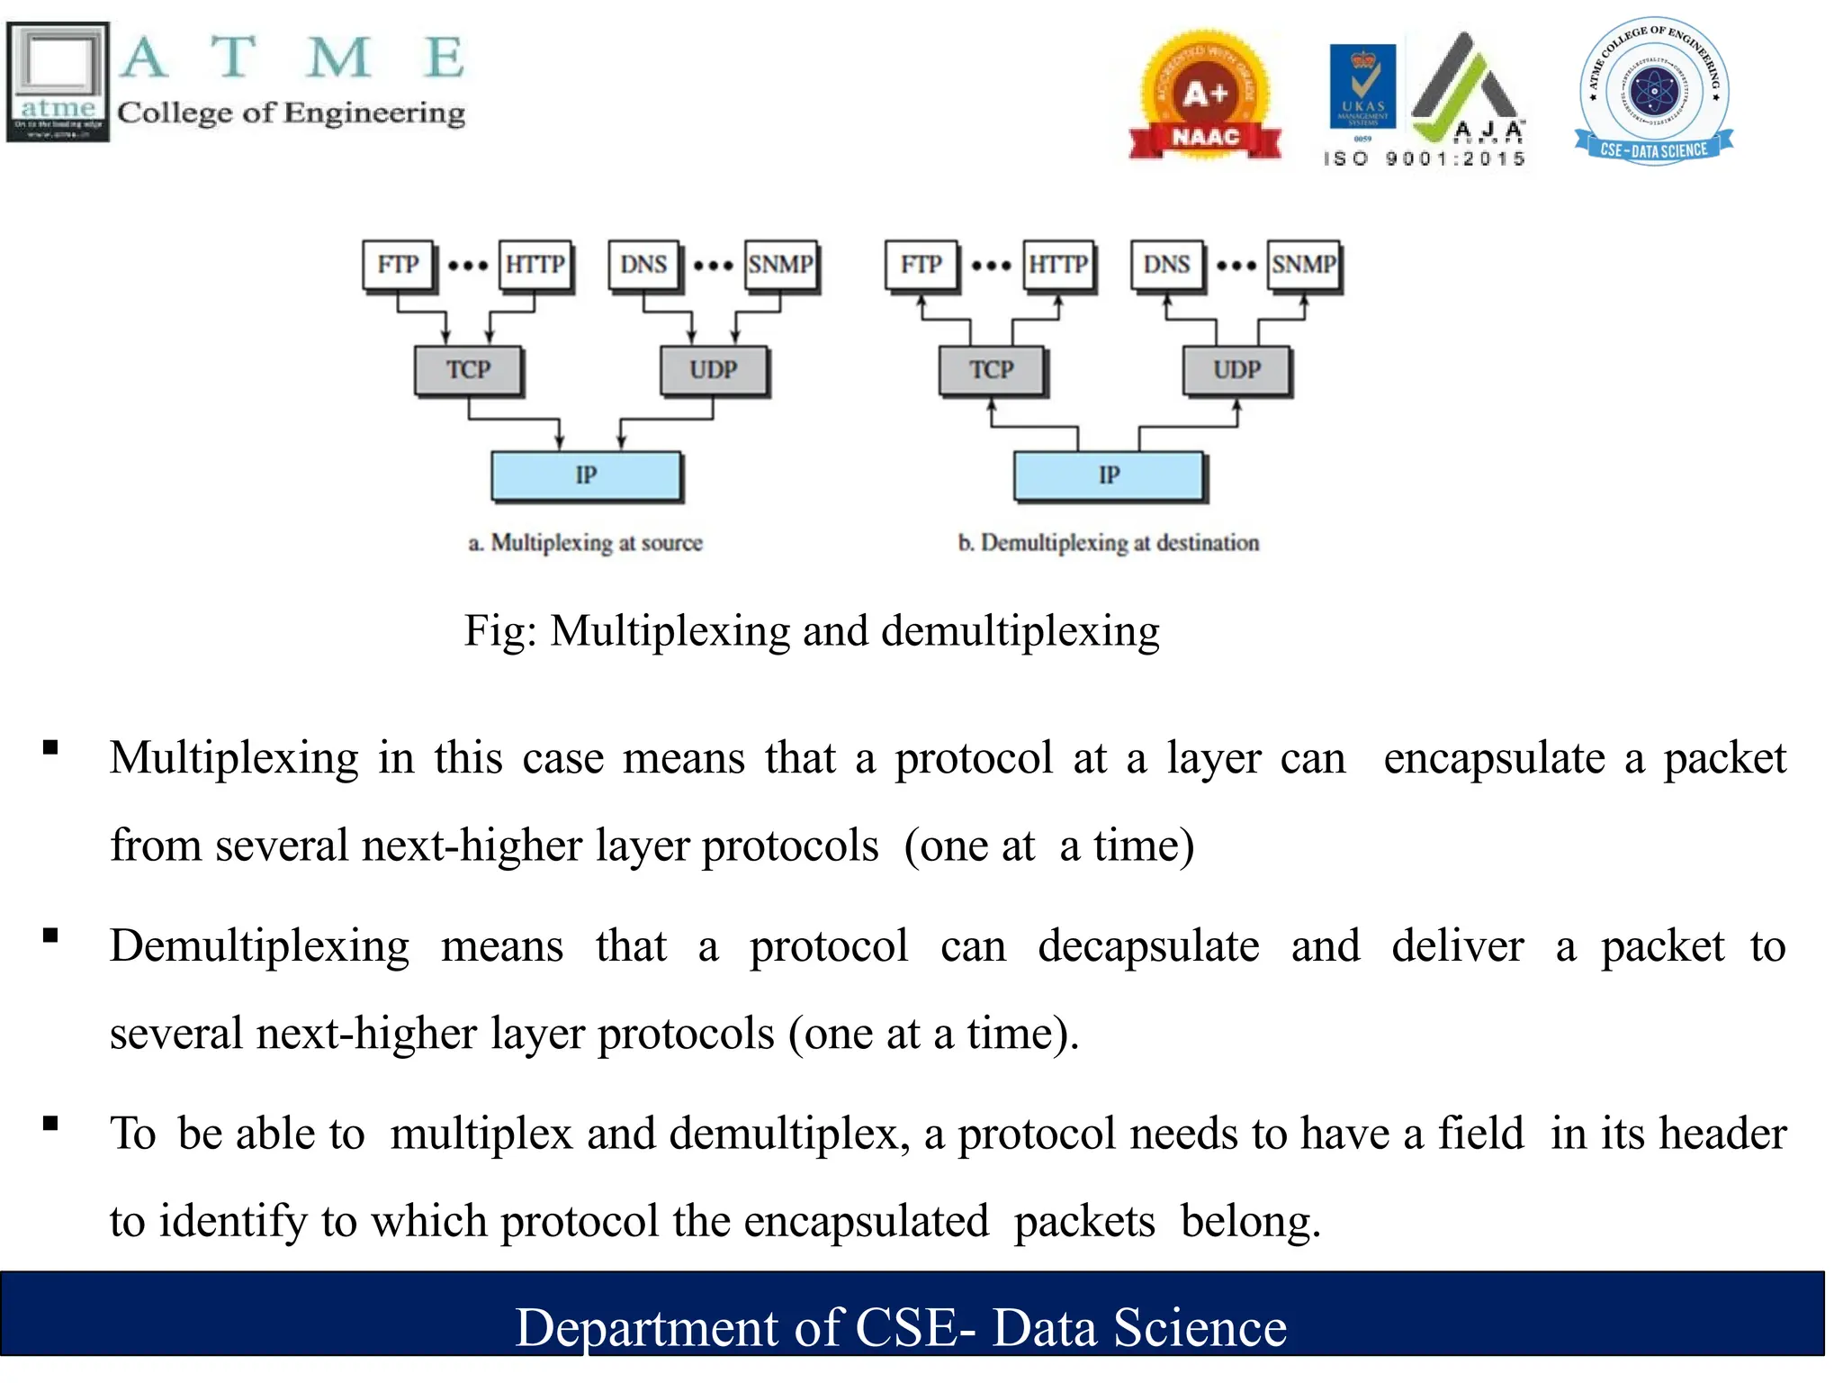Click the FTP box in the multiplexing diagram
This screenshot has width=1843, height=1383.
[x=398, y=265]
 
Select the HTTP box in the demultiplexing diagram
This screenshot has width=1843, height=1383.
[x=1058, y=265]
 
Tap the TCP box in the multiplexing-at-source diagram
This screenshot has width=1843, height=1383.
[x=468, y=370]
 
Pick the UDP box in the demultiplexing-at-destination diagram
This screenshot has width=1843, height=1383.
[x=1236, y=370]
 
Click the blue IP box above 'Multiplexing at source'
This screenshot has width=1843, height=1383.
[x=586, y=475]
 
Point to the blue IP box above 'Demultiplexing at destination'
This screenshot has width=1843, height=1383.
[x=1109, y=475]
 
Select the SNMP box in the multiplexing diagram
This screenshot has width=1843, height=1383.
[x=780, y=265]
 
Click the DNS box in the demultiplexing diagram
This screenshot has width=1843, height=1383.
[x=1166, y=265]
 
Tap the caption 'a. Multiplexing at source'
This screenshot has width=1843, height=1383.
[x=586, y=543]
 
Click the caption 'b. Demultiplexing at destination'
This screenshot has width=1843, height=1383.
[x=1109, y=543]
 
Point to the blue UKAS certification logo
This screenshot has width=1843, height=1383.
[x=1362, y=86]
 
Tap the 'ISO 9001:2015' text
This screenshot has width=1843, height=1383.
[x=1425, y=159]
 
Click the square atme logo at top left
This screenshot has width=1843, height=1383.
[x=58, y=81]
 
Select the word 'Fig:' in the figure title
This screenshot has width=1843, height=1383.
[x=499, y=631]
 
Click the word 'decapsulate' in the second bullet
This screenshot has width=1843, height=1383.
[x=1148, y=946]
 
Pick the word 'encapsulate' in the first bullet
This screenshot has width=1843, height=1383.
[x=1494, y=758]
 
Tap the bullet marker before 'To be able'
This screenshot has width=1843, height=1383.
[x=50, y=1124]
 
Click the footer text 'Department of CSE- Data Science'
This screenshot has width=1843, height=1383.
[x=901, y=1327]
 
